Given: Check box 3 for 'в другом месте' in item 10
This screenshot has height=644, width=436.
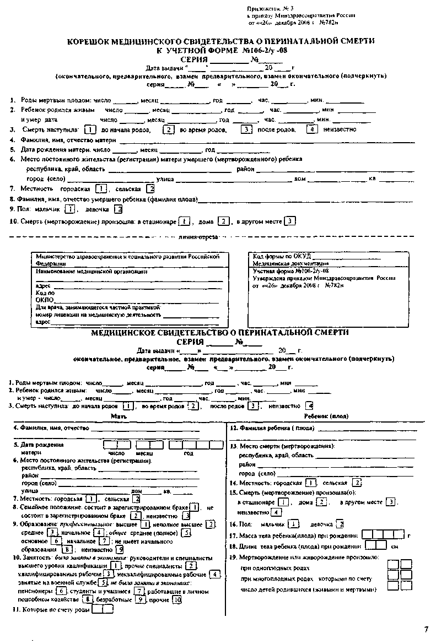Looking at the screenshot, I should [x=290, y=221].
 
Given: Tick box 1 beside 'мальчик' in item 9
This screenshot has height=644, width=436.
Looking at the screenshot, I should [x=69, y=209].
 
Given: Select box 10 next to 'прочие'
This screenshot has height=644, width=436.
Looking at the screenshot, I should [x=176, y=600].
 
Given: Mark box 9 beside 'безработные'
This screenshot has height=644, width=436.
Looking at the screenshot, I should [x=142, y=600].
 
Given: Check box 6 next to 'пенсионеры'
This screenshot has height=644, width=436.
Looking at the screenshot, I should [x=61, y=591].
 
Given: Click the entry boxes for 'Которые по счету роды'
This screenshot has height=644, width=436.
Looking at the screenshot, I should [x=103, y=609].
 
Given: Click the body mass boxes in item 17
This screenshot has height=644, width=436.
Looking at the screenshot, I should [x=383, y=534].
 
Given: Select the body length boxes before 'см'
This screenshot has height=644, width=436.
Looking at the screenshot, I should [x=376, y=545].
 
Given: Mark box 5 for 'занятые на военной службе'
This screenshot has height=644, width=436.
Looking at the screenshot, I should [x=103, y=582].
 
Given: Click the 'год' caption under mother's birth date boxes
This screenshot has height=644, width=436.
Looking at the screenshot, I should [x=189, y=453].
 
